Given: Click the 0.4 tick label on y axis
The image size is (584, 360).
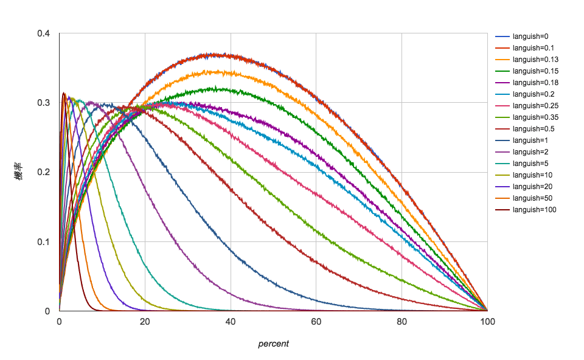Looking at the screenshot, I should [43, 33].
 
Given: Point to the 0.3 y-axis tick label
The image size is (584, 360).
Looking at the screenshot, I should [43, 103].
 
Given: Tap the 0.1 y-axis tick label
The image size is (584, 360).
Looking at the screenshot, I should [43, 242].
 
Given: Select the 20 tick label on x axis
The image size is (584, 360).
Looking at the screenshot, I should [145, 322].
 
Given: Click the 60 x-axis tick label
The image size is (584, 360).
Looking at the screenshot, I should [316, 322].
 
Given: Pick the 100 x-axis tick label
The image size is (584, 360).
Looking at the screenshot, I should [487, 322].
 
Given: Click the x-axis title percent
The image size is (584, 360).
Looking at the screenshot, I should [273, 344].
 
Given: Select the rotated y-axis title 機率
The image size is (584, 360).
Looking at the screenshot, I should [19, 173].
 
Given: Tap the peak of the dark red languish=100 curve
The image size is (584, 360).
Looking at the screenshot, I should [63, 93].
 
